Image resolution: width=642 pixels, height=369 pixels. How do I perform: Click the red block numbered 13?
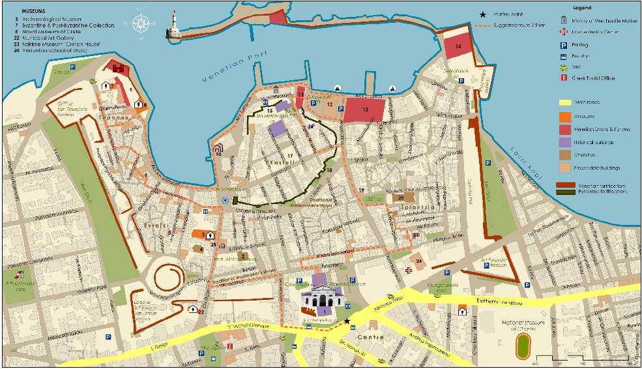(365, 109)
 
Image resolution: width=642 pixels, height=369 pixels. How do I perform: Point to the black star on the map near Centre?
(347, 321)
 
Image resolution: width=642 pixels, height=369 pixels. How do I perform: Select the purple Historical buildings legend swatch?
(564, 142)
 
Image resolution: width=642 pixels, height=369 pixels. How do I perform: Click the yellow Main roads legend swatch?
(564, 102)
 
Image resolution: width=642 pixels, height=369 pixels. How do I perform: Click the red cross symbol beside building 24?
(409, 270)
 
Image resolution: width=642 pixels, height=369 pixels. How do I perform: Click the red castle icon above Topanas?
(118, 67)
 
